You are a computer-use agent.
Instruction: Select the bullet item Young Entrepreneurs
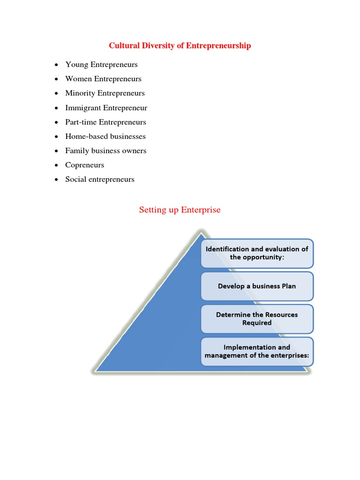click(x=101, y=65)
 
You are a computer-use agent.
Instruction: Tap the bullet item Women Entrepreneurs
click(x=103, y=79)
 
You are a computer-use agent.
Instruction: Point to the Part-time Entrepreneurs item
click(x=105, y=122)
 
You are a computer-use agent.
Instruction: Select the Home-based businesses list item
click(x=105, y=136)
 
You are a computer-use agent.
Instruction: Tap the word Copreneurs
click(x=85, y=165)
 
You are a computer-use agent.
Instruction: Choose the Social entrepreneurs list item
click(x=100, y=180)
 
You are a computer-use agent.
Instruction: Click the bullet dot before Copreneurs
click(x=56, y=165)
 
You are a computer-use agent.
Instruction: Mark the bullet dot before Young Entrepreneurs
click(x=56, y=65)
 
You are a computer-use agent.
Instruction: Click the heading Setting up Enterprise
click(x=180, y=210)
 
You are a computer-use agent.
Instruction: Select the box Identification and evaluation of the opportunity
click(x=257, y=253)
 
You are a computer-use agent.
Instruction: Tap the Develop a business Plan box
click(x=257, y=286)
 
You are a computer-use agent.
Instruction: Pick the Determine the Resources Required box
click(x=257, y=319)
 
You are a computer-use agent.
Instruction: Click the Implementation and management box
click(x=257, y=352)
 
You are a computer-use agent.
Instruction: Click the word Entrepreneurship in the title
click(x=218, y=45)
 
